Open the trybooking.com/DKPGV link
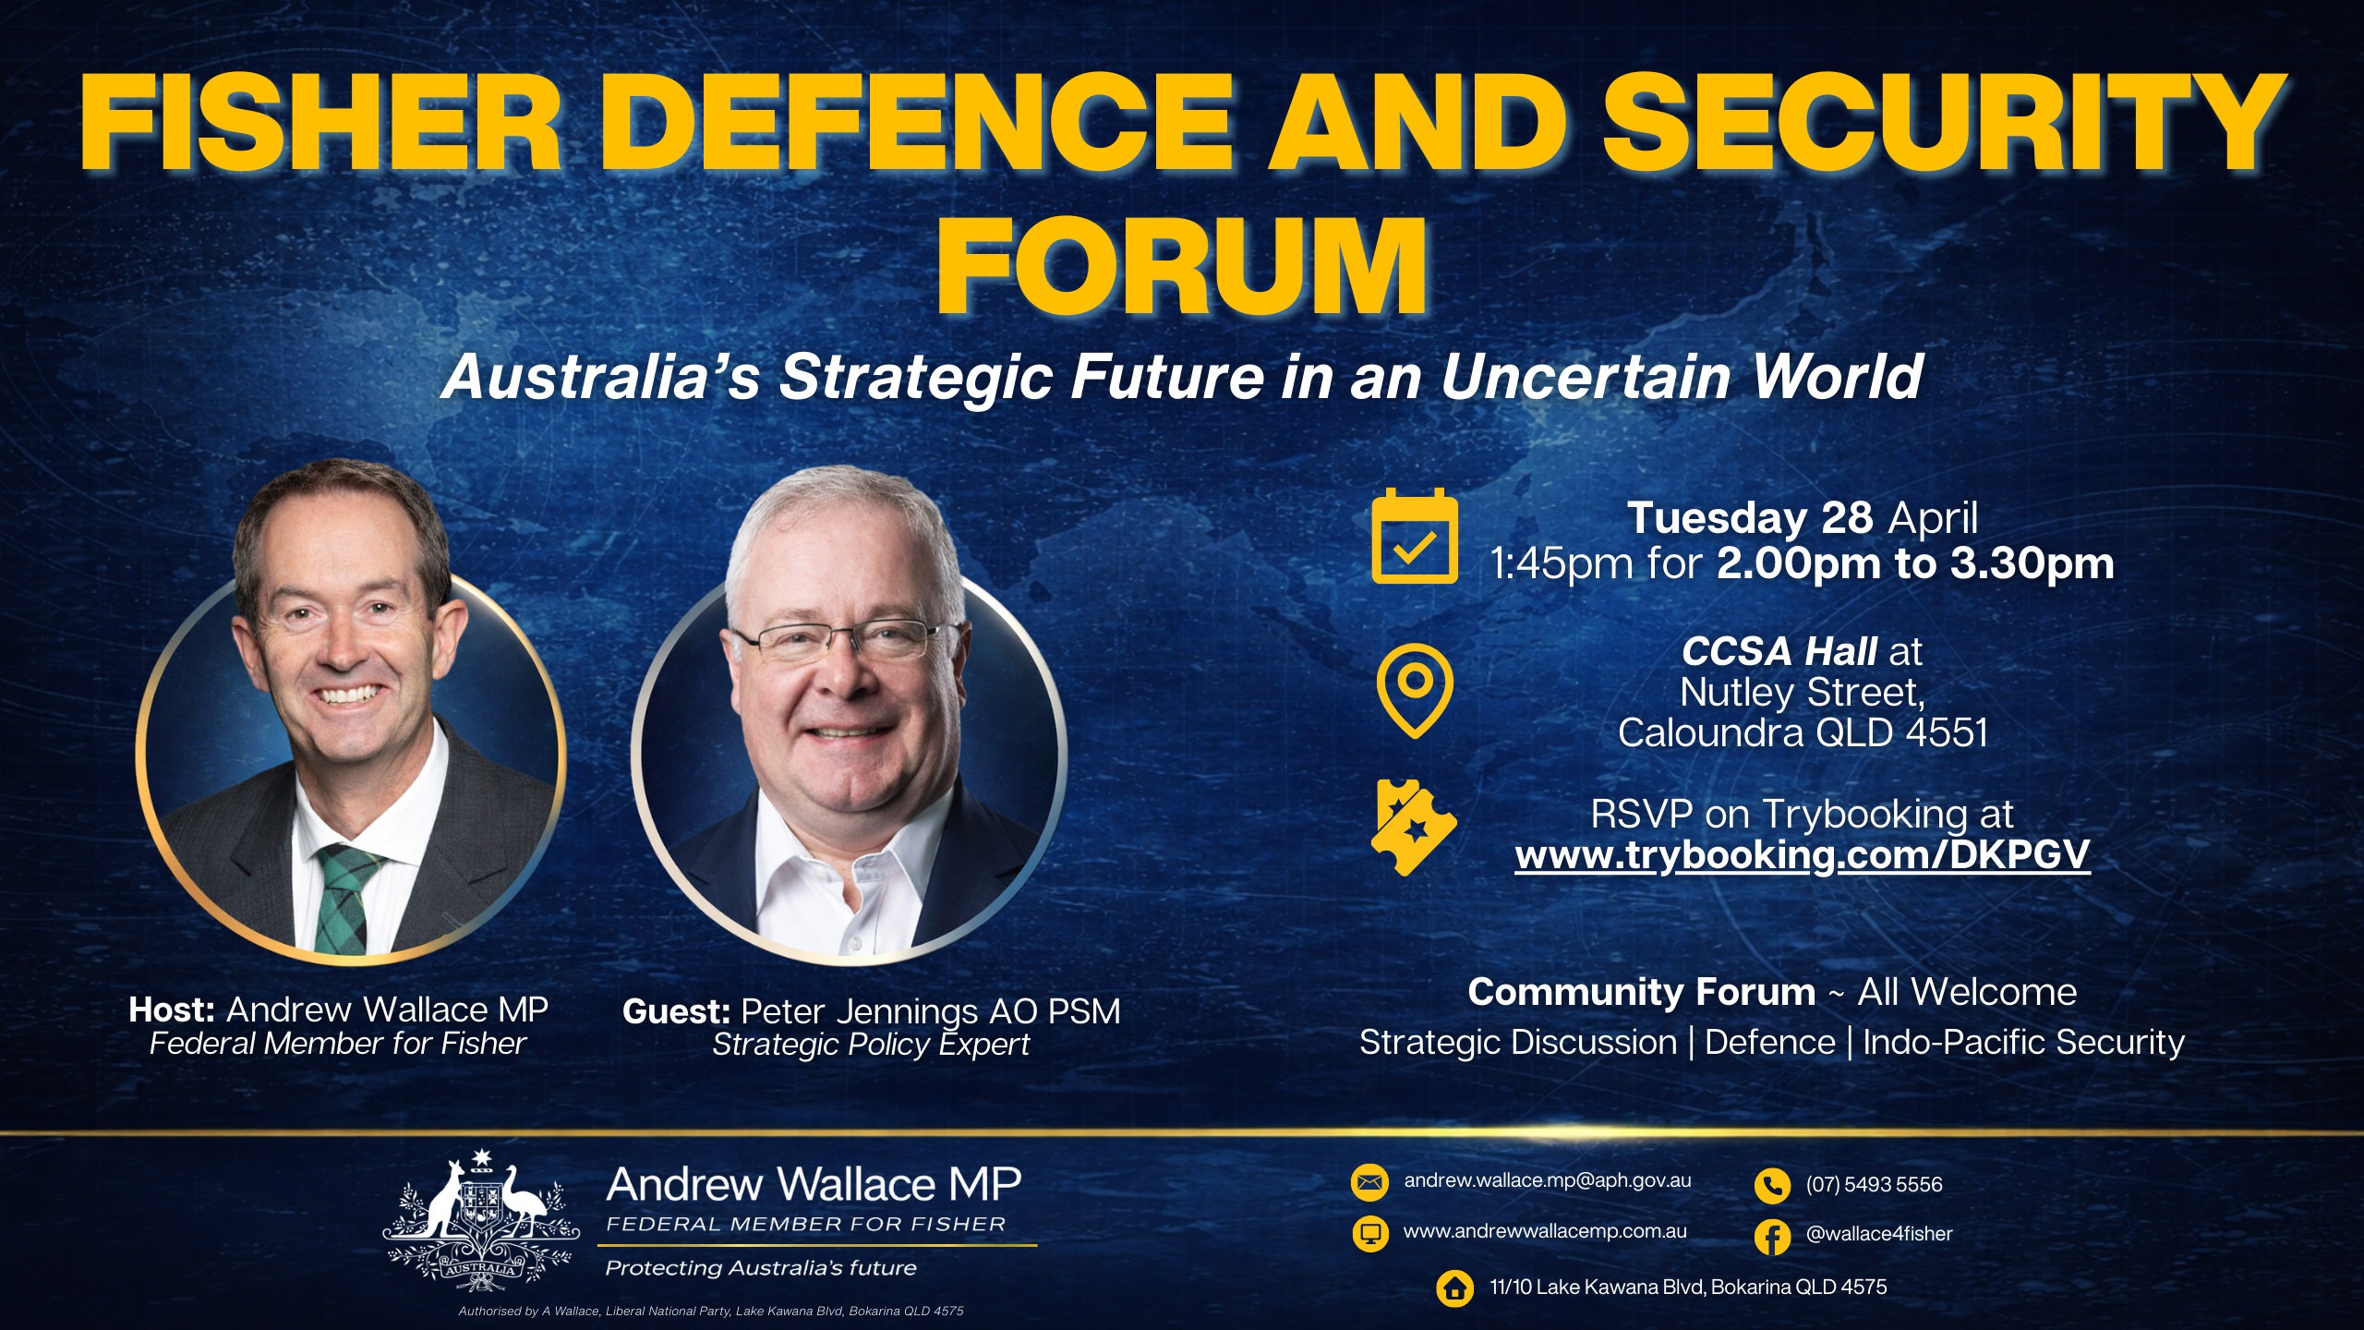click(x=1802, y=855)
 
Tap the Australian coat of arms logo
click(x=481, y=1219)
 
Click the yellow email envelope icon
click(x=1369, y=1182)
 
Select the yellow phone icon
click(x=1772, y=1186)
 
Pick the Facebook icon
click(x=1772, y=1236)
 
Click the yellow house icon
click(x=1456, y=1288)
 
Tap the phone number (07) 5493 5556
click(x=1874, y=1185)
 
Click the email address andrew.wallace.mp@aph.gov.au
click(x=1548, y=1180)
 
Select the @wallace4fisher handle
click(x=1879, y=1234)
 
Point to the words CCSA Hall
click(x=1778, y=652)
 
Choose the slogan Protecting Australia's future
click(x=761, y=1268)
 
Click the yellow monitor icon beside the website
click(x=1369, y=1233)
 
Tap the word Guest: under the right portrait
click(x=677, y=1012)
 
